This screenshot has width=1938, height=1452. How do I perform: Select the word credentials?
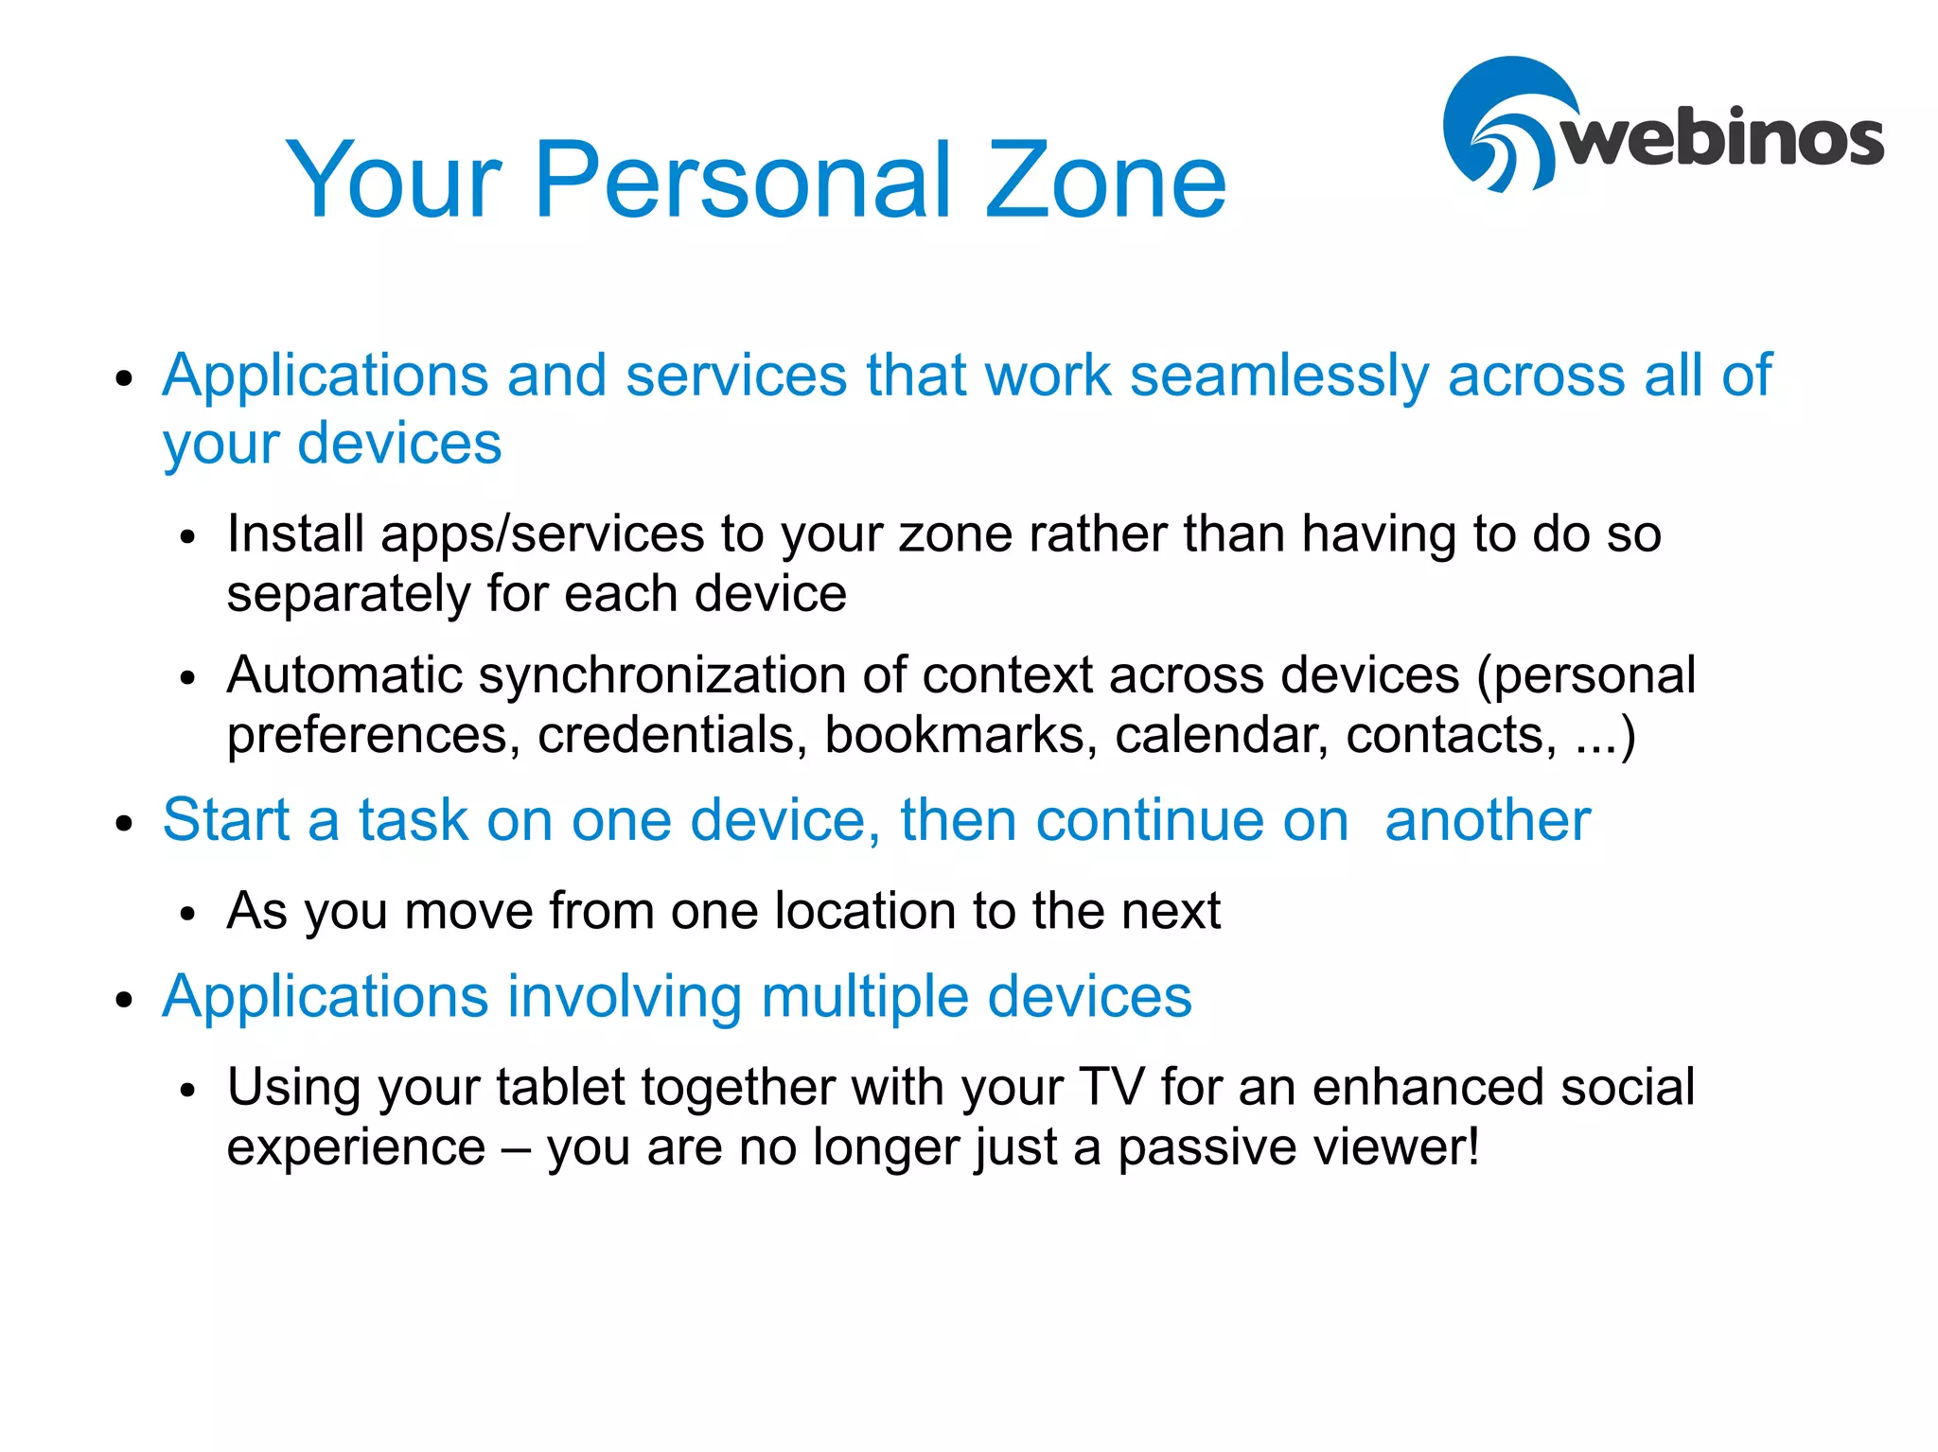[673, 735]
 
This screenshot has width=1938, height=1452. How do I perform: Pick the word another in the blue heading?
[1487, 820]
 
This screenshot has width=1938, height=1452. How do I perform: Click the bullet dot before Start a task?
[124, 823]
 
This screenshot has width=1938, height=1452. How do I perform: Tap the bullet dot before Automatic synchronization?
[188, 679]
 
